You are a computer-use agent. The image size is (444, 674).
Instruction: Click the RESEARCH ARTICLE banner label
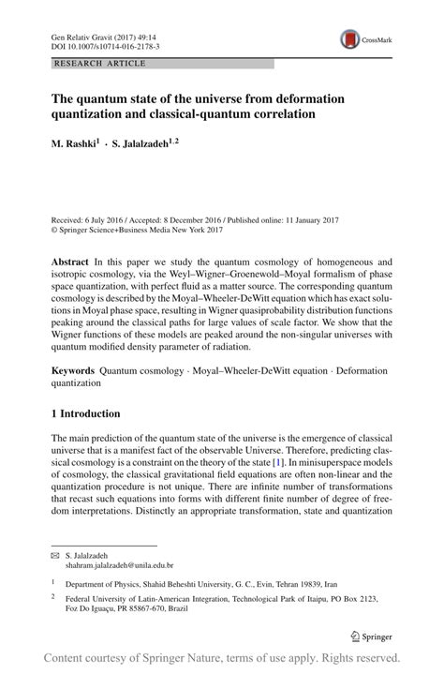tap(100, 64)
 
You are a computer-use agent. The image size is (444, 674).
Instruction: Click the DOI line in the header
tap(105, 46)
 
